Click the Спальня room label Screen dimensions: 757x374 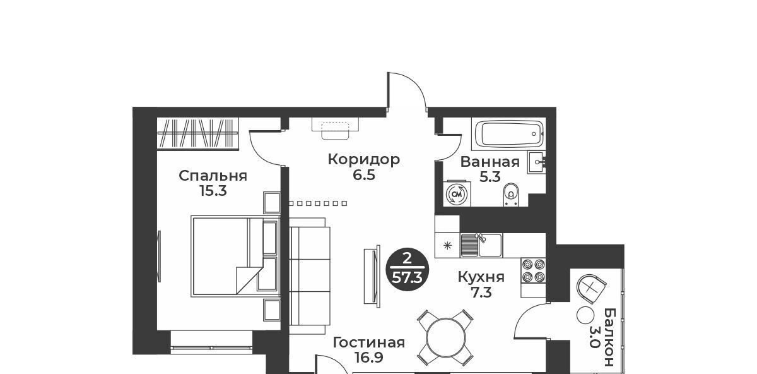click(x=213, y=176)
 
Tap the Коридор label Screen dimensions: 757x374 click(x=364, y=160)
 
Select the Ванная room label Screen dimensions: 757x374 click(x=490, y=162)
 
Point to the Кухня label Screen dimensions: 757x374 click(x=481, y=277)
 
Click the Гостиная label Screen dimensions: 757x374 click(x=369, y=343)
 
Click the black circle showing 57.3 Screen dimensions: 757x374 click(x=408, y=269)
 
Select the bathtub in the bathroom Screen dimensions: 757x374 click(x=510, y=135)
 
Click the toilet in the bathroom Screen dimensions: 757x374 click(x=510, y=195)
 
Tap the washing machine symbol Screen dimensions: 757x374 click(x=457, y=195)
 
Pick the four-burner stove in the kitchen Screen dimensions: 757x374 click(x=534, y=270)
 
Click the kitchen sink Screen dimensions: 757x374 click(x=481, y=245)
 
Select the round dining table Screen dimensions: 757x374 click(x=445, y=337)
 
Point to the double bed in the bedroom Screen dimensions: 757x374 click(x=235, y=256)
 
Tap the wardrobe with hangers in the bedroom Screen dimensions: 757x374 click(x=198, y=134)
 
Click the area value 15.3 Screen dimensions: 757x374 click(x=213, y=191)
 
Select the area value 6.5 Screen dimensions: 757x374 click(x=364, y=176)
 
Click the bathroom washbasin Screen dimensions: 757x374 click(x=537, y=163)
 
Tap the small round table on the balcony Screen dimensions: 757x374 click(x=585, y=315)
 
